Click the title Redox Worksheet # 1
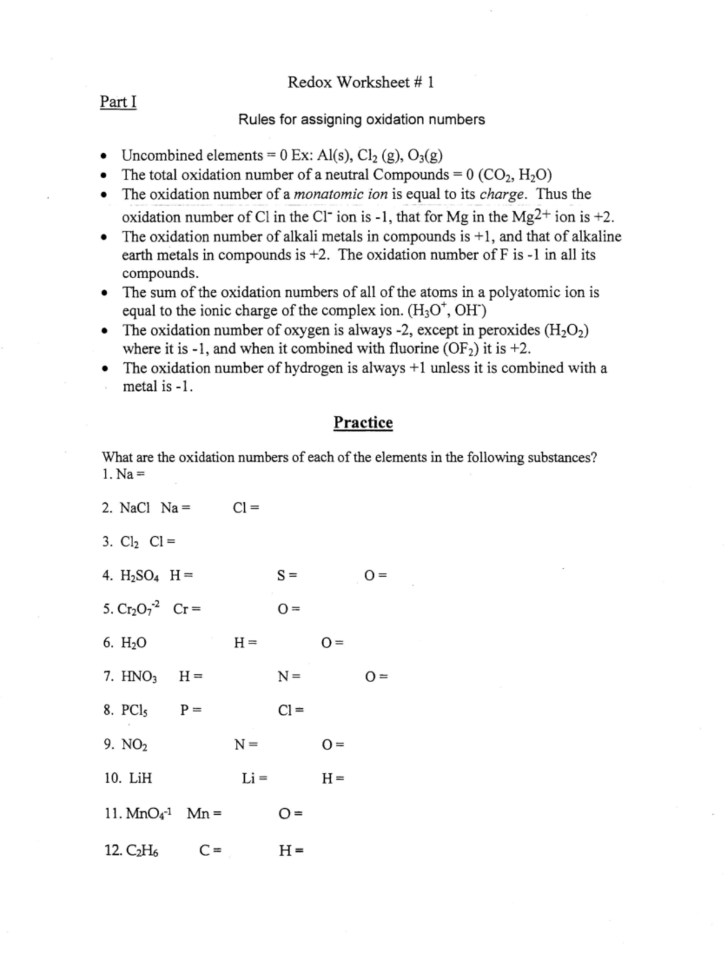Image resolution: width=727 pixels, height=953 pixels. [360, 82]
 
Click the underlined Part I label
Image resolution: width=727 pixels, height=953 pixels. [118, 102]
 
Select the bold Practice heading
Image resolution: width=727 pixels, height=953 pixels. [363, 422]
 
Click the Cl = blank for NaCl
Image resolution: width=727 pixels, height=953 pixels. [246, 508]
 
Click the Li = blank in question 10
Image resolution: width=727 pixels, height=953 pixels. [254, 778]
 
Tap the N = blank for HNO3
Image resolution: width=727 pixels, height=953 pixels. [288, 676]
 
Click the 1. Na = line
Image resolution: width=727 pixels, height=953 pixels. [124, 474]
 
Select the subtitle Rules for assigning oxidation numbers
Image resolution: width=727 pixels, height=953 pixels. [361, 119]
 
